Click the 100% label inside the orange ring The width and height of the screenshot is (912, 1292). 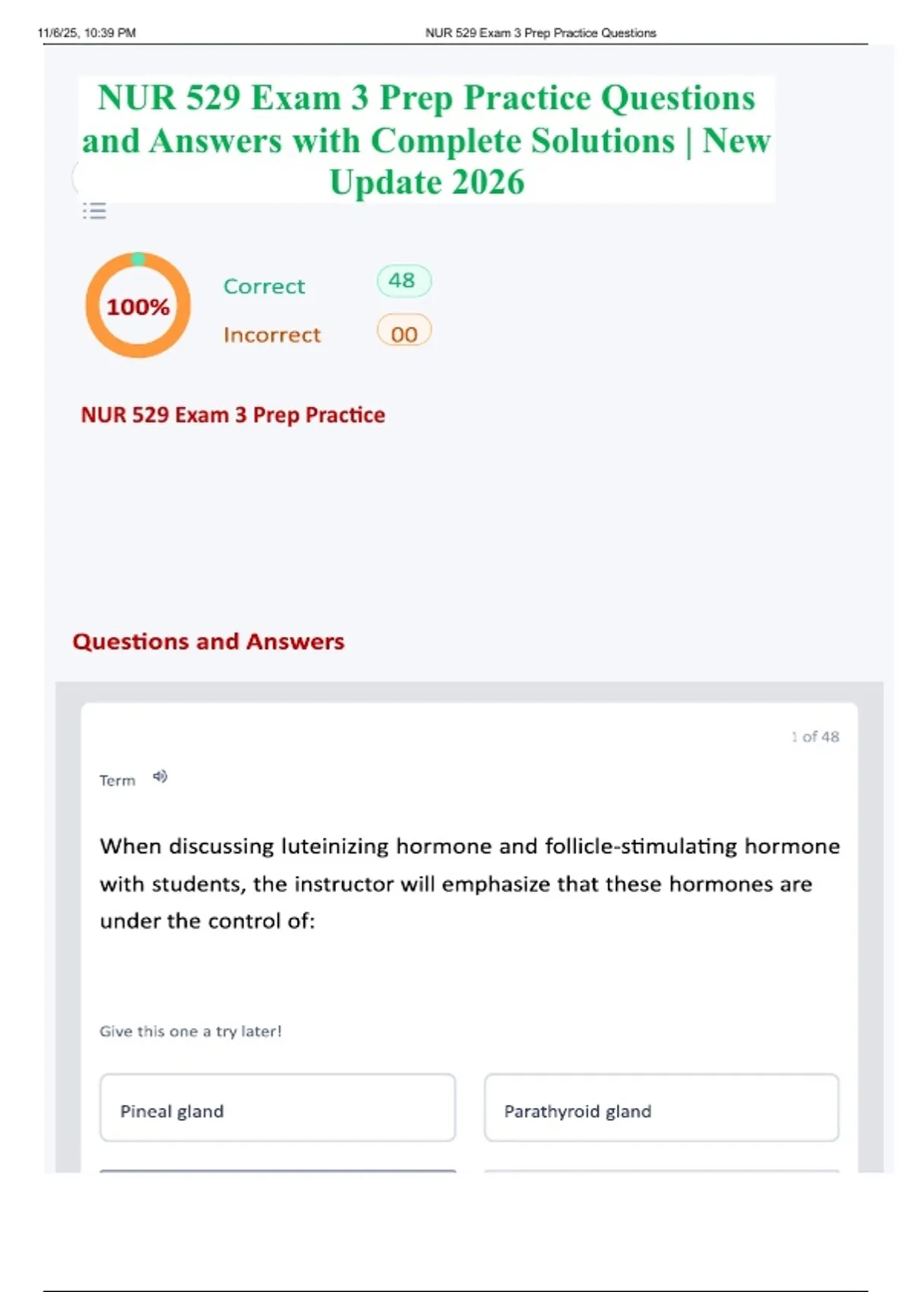click(138, 306)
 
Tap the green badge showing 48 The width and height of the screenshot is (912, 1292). click(403, 280)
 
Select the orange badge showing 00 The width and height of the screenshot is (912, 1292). click(404, 333)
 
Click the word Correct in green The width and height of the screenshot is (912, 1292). click(264, 287)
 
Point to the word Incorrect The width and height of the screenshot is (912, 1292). click(271, 335)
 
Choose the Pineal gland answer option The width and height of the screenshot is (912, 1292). click(277, 1110)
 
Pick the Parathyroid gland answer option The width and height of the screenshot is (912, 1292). click(661, 1110)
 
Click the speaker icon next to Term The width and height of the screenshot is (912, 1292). click(160, 777)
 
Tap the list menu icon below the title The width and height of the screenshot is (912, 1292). click(95, 211)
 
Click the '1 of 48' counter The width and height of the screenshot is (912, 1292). click(815, 736)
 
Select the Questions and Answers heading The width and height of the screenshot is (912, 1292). click(208, 641)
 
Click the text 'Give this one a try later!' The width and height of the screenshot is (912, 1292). click(190, 1031)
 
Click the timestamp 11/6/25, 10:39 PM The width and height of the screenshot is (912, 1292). click(87, 33)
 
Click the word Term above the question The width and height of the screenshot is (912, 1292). click(117, 781)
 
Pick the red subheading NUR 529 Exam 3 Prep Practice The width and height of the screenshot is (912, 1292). click(233, 415)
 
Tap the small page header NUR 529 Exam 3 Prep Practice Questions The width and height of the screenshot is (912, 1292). click(540, 33)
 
